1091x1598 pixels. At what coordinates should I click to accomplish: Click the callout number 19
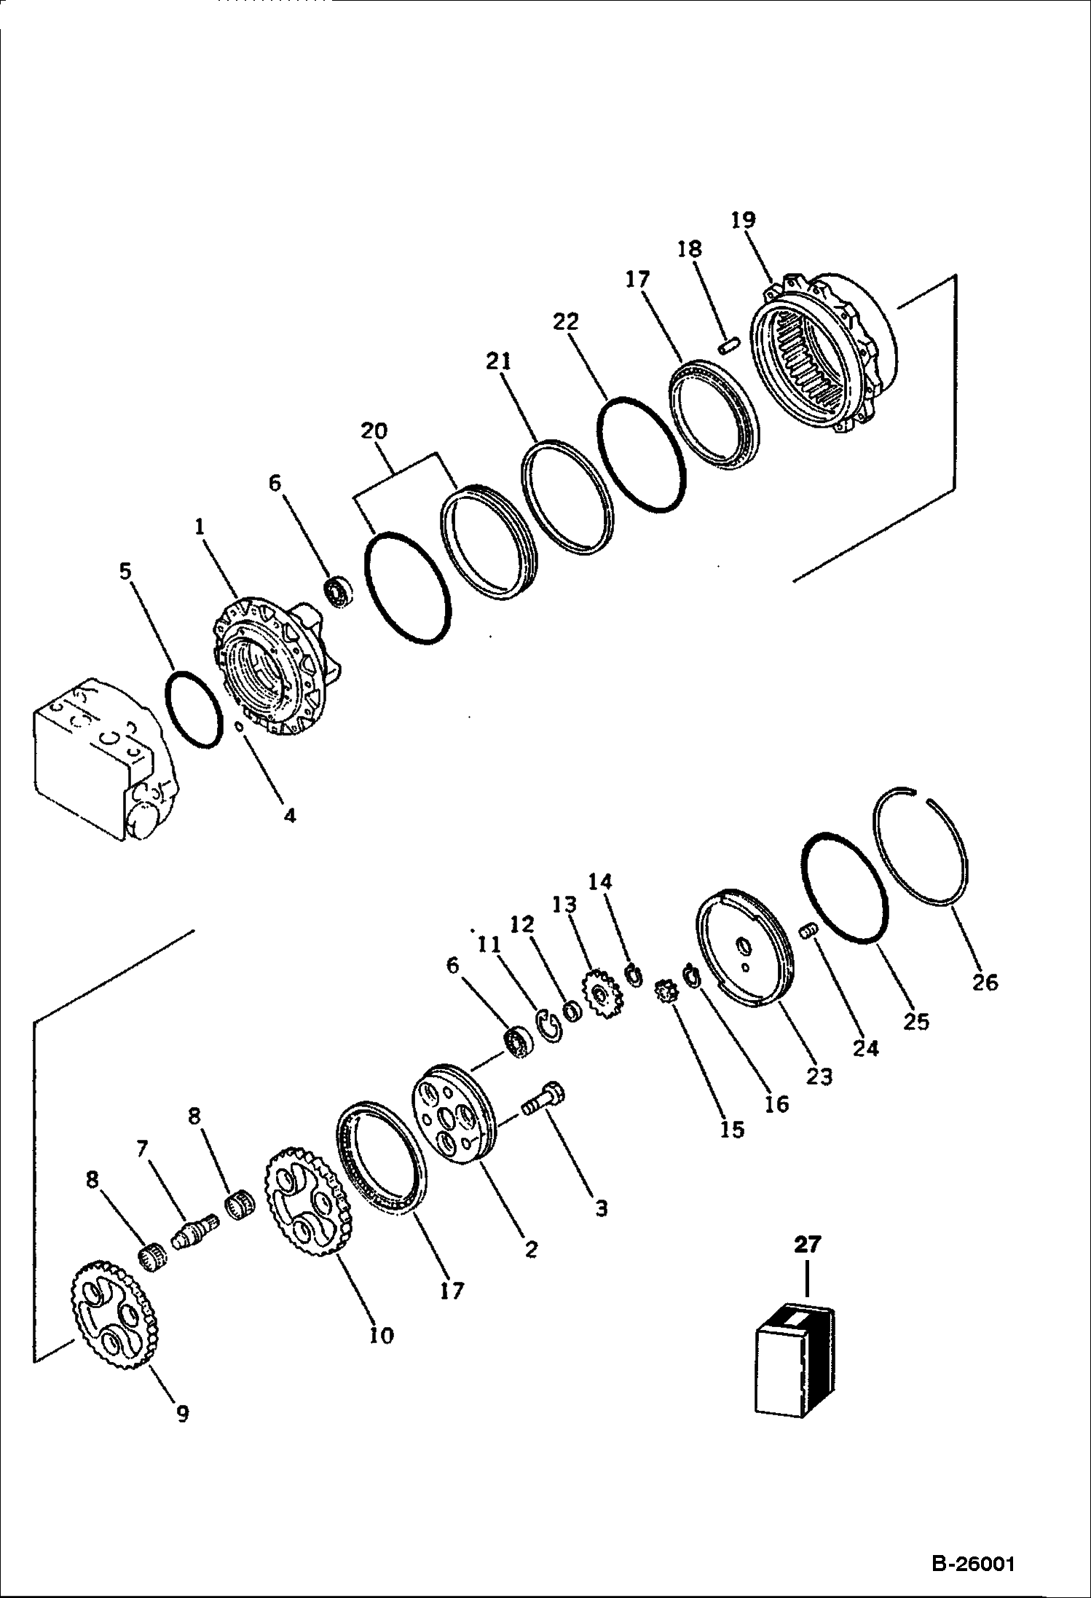[744, 220]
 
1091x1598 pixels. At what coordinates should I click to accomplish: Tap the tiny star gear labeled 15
[666, 992]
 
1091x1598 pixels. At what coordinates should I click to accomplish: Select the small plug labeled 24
[806, 931]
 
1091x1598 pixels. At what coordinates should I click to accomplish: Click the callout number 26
[985, 983]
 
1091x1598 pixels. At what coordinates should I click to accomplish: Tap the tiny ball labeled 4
[238, 725]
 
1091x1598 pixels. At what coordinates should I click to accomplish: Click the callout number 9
[182, 1414]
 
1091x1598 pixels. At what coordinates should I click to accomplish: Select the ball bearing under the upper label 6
[339, 591]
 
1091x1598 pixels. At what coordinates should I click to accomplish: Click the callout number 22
[566, 321]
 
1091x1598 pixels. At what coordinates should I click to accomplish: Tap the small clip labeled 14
[634, 975]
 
